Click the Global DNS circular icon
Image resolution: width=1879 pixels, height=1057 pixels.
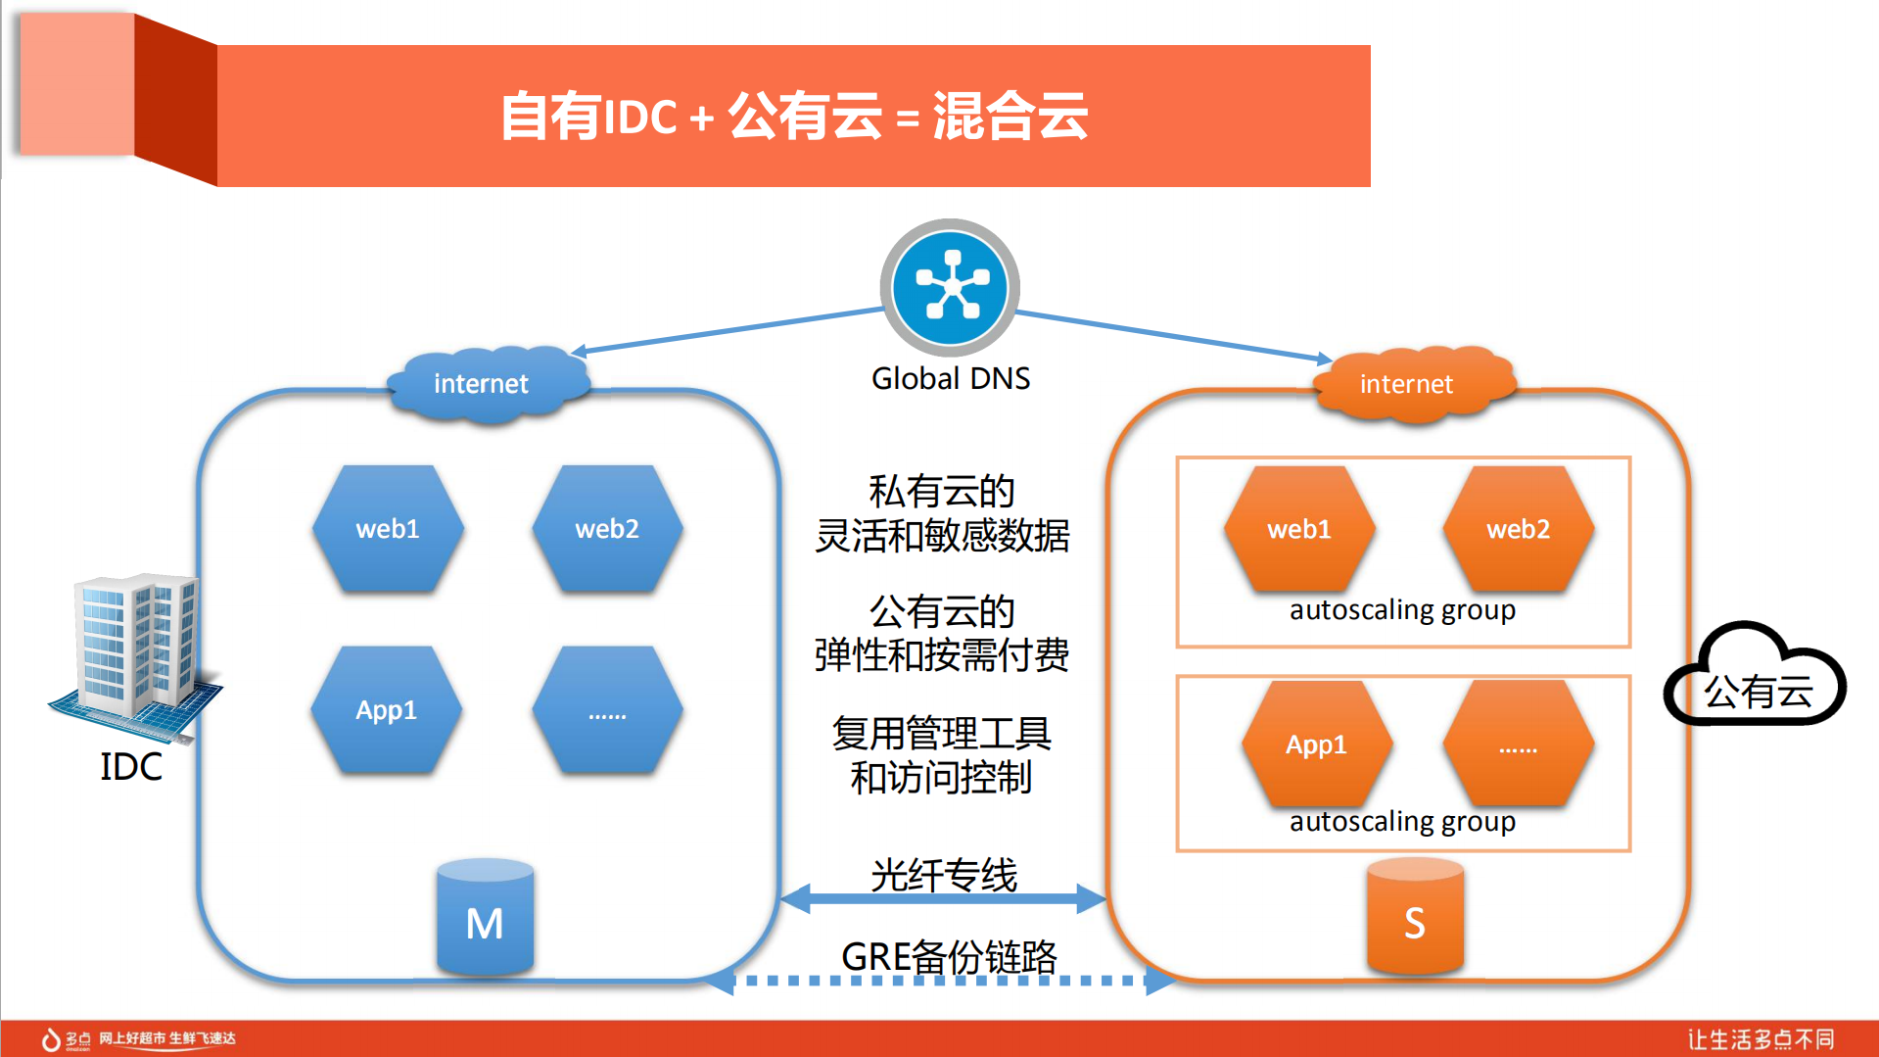[x=950, y=287]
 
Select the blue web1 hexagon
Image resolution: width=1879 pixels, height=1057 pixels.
[x=388, y=529]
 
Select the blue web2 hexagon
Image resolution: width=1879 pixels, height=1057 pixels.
[x=607, y=529]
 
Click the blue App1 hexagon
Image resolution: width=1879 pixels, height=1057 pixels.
[x=387, y=710]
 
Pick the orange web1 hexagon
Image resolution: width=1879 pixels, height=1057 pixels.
[x=1299, y=529]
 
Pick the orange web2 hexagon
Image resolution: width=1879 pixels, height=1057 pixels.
[x=1518, y=529]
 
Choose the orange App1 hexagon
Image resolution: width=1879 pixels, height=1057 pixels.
[x=1316, y=745]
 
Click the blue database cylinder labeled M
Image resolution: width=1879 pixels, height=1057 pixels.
[x=485, y=918]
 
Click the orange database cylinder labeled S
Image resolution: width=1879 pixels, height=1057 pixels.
[x=1414, y=918]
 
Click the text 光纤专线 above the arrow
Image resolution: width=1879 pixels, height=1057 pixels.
[x=944, y=874]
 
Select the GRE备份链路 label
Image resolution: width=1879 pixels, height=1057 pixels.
[x=949, y=956]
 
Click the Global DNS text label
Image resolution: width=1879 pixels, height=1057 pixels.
[x=950, y=378]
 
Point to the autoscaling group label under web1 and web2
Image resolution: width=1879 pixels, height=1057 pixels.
[x=1402, y=609]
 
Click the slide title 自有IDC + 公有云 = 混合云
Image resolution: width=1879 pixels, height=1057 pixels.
[x=793, y=116]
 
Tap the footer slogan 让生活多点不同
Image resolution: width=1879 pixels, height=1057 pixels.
[x=1760, y=1038]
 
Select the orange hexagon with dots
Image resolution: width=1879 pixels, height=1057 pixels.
[x=1518, y=745]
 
